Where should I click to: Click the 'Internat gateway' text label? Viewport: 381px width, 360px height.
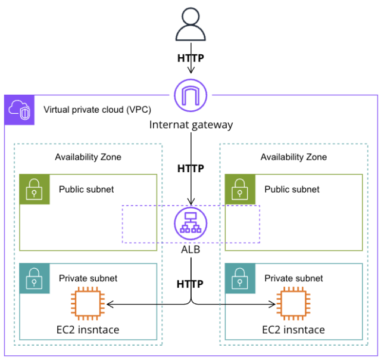pos(190,125)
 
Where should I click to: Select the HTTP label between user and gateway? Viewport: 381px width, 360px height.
pos(190,58)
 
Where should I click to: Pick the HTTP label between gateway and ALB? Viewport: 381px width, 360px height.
pos(190,169)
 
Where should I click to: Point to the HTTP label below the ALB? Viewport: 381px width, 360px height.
pos(190,284)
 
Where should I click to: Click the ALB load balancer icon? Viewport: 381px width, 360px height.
pos(190,224)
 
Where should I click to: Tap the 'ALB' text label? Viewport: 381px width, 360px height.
pos(190,250)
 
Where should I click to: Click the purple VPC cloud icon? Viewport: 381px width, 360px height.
pos(20,110)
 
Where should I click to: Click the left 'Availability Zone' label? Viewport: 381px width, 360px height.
pos(88,157)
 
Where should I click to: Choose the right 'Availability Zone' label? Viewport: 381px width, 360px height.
pos(293,157)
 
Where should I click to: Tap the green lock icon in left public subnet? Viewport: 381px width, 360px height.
pos(35,190)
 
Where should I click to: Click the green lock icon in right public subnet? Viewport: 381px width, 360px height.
pos(241,190)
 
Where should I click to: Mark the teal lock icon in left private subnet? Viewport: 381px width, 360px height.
pos(35,278)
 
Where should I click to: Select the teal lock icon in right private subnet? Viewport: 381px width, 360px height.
pos(241,278)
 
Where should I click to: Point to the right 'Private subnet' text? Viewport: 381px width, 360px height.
pos(293,278)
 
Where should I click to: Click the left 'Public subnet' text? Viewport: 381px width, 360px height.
pos(86,190)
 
